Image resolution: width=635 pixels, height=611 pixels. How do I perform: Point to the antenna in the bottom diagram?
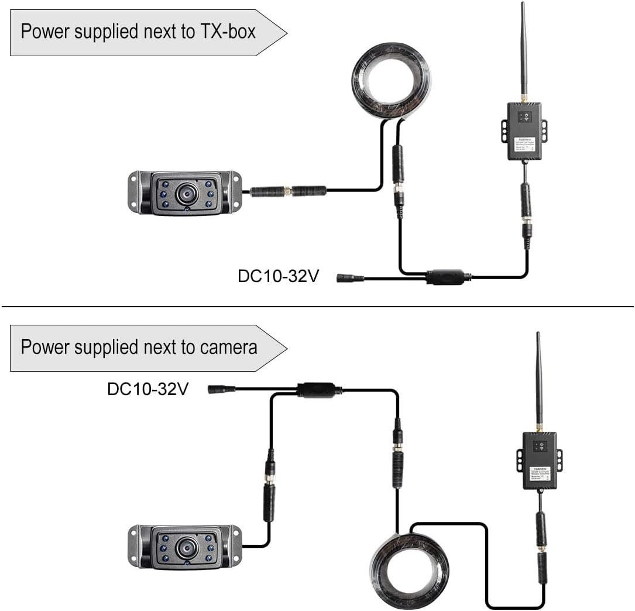point(539,380)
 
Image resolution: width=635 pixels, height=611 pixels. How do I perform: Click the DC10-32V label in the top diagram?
point(278,276)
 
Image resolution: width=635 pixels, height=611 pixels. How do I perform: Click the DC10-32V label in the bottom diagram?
point(147,389)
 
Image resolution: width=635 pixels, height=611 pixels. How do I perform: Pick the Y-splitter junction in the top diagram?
point(445,276)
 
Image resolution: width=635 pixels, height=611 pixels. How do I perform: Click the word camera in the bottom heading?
point(228,347)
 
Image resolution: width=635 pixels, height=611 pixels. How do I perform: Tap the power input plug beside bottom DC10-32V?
point(222,389)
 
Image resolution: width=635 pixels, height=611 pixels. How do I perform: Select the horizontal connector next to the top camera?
point(288,190)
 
